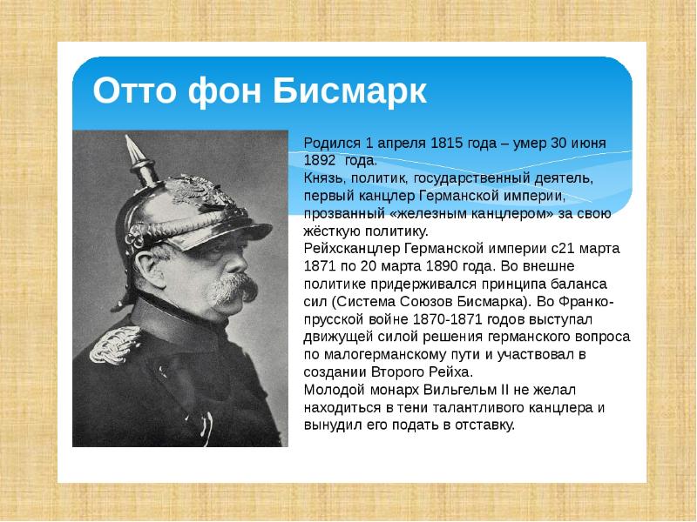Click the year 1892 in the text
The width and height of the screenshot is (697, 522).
click(321, 160)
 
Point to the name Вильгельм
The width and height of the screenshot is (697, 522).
click(474, 390)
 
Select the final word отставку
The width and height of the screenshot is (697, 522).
click(484, 425)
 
